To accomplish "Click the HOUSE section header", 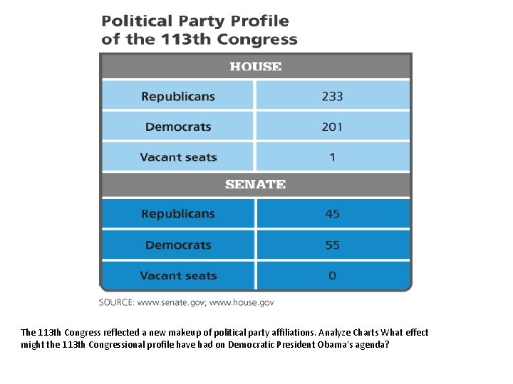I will [255, 67].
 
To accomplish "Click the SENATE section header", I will [255, 184].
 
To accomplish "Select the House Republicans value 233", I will [332, 97].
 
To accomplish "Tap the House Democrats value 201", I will [332, 127].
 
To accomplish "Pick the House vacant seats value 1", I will [332, 157].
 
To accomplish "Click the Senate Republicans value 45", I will [332, 214].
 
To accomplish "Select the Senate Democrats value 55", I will [332, 245].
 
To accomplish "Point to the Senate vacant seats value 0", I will [332, 276].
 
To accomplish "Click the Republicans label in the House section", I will [178, 97].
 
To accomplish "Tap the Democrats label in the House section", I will [178, 127].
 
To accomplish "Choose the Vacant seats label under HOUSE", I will [178, 157].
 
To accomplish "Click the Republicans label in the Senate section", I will [178, 214].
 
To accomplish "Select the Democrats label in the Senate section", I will [178, 245].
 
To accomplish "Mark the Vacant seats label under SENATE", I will [178, 276].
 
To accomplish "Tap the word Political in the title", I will [137, 21].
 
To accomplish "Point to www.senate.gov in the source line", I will [170, 302].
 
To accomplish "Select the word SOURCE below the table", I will [116, 302].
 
